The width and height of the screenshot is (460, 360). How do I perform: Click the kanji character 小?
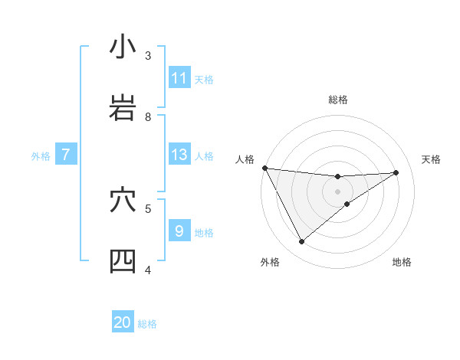coord(123,47)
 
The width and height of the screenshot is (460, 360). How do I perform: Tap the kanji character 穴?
coord(123,200)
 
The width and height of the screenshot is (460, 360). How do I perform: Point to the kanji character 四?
coord(123,261)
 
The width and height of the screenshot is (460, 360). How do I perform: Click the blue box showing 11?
coord(179,78)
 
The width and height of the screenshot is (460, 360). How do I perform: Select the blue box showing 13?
coord(179,155)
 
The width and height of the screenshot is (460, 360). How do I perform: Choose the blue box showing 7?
coord(66,155)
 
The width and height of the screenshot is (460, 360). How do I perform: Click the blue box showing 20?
coord(123,322)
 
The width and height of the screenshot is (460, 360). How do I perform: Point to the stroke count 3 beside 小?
coord(148,55)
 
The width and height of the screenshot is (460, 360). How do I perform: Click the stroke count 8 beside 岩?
coord(148,116)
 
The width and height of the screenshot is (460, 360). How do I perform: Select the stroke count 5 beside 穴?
coord(148,208)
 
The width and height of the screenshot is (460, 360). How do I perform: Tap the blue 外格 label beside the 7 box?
coord(41,155)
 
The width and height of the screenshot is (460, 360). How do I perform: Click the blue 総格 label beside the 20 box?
coord(147,323)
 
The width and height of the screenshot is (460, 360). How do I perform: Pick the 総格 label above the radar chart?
coord(337,100)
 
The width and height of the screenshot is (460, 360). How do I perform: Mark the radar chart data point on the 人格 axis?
coord(264,168)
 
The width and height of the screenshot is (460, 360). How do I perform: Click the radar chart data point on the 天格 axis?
coord(396,172)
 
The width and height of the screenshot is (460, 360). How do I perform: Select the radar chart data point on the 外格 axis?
coord(301,241)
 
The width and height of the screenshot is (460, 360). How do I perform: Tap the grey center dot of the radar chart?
coord(337,191)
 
